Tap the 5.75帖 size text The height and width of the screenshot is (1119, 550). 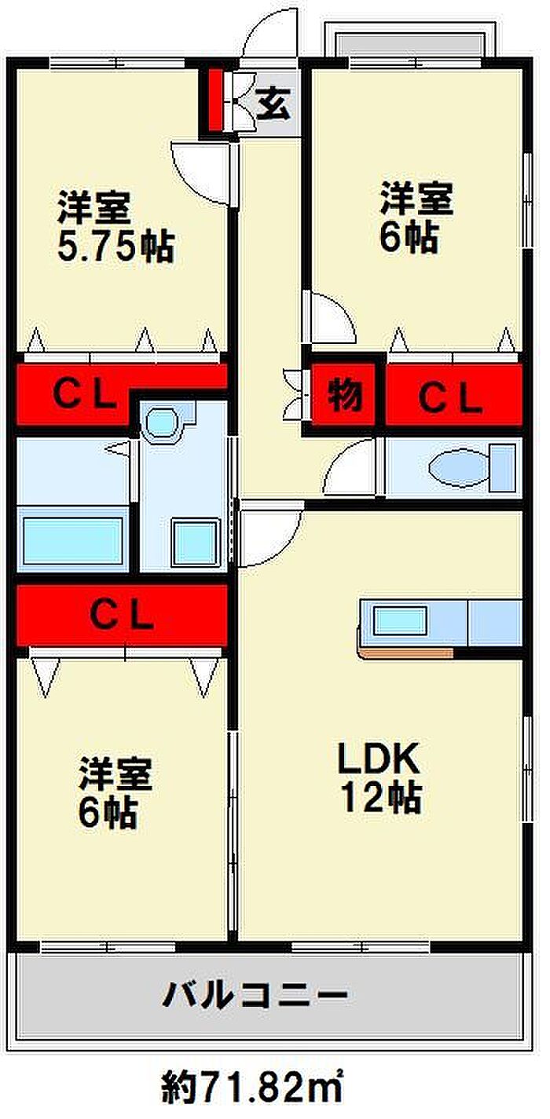pos(115,247)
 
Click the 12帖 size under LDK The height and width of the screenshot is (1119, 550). pos(380,799)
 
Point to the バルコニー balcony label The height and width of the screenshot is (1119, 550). pos(255,996)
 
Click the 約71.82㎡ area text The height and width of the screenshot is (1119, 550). pos(253,1088)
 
